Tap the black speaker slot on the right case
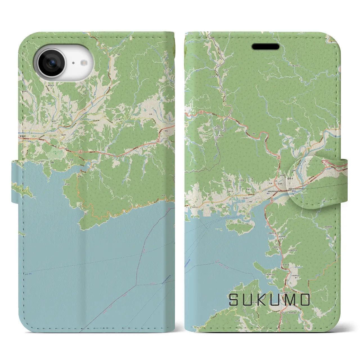(x=266, y=47)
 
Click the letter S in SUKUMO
(x=233, y=300)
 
